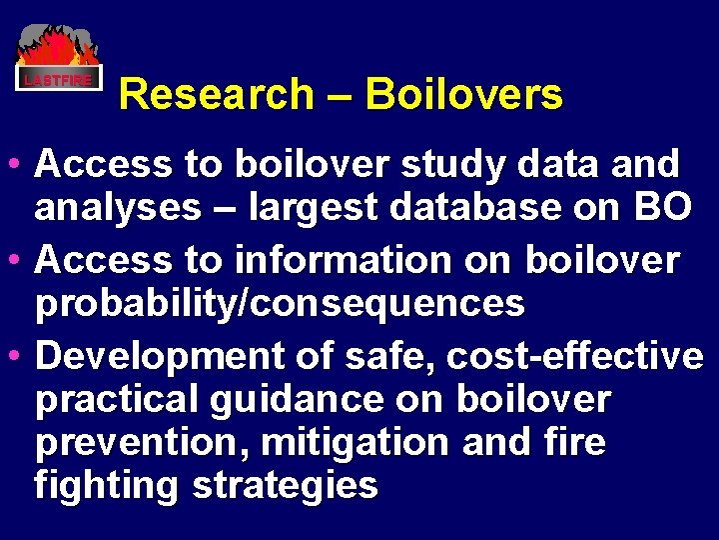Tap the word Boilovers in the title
[463, 95]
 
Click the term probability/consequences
[280, 304]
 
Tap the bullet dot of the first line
[19, 163]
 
